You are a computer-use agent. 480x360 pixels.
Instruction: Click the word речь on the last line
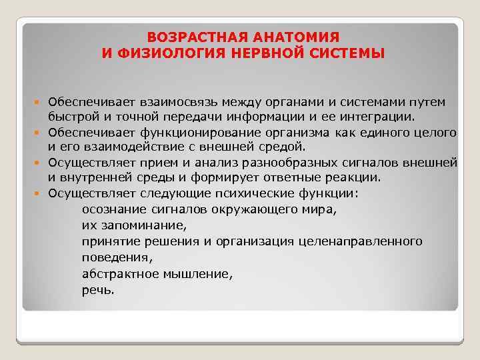point(98,289)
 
